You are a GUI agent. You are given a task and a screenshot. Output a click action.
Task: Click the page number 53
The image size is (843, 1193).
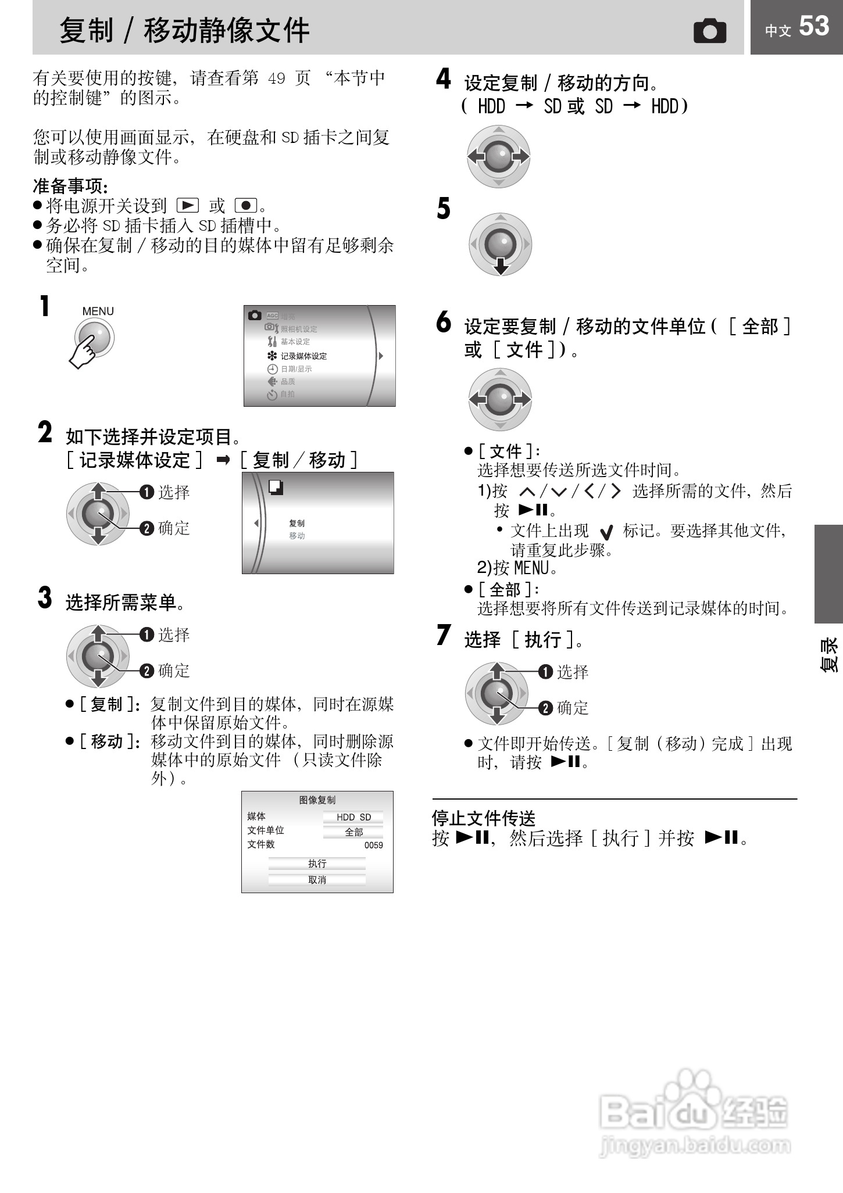(813, 27)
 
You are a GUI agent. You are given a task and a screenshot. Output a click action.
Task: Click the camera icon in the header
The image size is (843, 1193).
(710, 31)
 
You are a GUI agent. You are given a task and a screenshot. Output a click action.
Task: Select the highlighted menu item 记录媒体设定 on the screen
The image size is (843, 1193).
(303, 356)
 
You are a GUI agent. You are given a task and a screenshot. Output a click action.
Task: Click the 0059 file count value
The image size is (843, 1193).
(373, 846)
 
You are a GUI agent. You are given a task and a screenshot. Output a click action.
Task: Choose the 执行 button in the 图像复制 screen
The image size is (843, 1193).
(317, 864)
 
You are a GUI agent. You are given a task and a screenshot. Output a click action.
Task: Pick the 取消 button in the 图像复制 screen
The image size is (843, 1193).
(317, 880)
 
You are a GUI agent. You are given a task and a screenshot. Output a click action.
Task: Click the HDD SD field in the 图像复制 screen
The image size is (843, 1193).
(353, 818)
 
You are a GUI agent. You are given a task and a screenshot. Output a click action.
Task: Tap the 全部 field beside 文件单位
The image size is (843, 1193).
(353, 832)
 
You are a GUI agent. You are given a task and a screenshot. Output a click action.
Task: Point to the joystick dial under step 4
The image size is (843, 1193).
(499, 156)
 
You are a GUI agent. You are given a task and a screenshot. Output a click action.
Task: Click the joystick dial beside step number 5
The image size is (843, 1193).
(500, 244)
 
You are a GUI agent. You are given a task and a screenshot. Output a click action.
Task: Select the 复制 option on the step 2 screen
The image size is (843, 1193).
(297, 524)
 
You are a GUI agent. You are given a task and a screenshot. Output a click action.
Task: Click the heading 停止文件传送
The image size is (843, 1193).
(483, 818)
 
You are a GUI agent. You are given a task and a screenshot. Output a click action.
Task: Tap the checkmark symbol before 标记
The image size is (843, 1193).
(606, 532)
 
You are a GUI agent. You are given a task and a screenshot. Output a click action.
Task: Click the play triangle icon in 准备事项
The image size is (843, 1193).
(187, 206)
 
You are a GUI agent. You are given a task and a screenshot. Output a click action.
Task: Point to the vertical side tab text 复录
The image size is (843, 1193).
(829, 655)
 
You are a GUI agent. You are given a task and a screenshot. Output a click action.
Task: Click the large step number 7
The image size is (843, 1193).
(444, 635)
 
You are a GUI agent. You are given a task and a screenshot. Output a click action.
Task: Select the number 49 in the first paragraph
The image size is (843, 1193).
(276, 78)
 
